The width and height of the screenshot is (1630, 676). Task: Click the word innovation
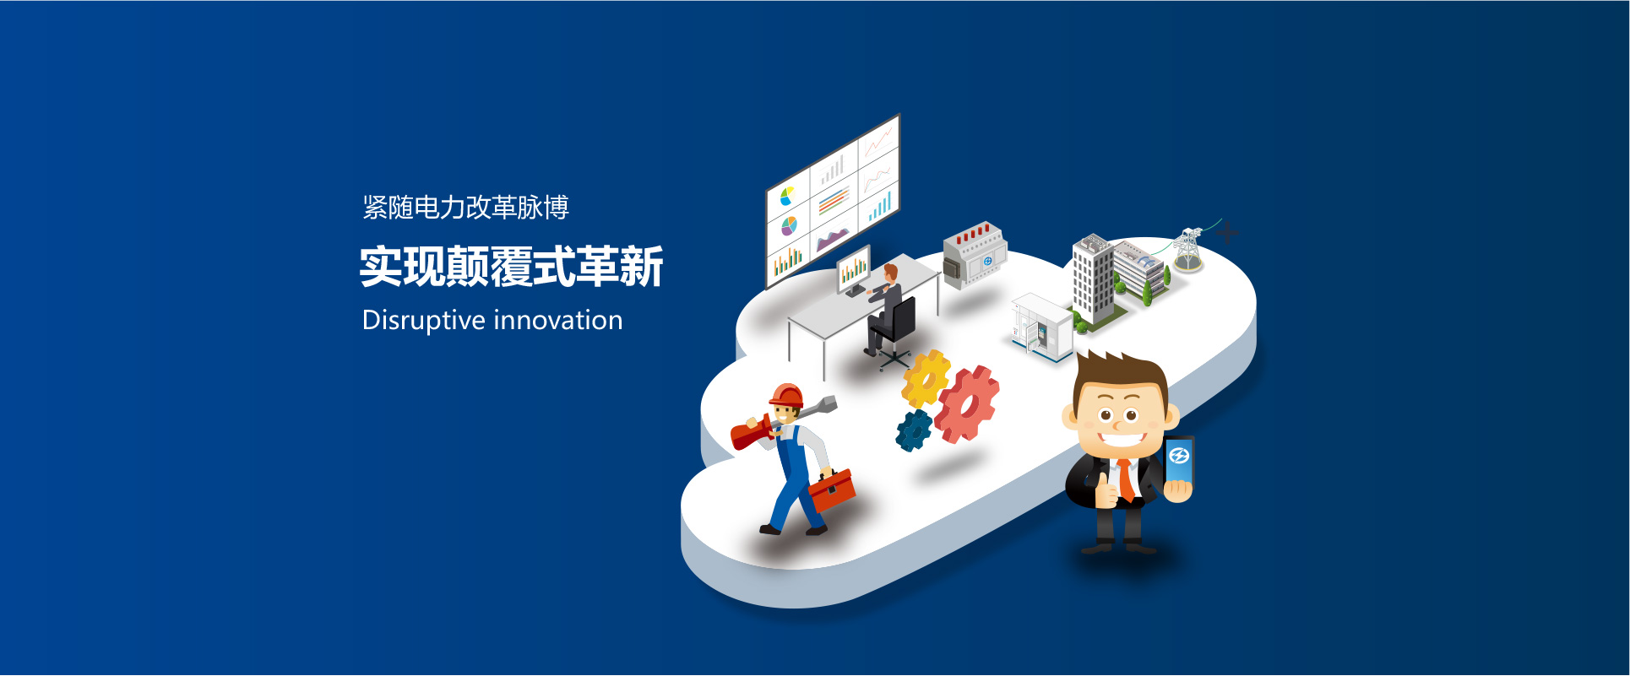pyautogui.click(x=557, y=320)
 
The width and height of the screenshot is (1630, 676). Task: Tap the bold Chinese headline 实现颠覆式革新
pyautogui.click(x=512, y=267)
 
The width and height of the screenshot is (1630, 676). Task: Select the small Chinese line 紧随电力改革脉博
pyautogui.click(x=466, y=208)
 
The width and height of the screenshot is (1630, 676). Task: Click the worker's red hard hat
pyautogui.click(x=786, y=395)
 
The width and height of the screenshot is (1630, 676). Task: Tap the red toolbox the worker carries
pyautogui.click(x=832, y=490)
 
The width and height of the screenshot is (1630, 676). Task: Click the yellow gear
pyautogui.click(x=925, y=379)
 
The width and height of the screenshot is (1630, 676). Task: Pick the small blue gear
pyautogui.click(x=914, y=430)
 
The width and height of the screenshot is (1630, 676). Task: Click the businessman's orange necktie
pyautogui.click(x=1127, y=480)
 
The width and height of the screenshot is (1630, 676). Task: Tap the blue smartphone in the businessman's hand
pyautogui.click(x=1180, y=462)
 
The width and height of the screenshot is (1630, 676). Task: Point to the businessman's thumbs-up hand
pyautogui.click(x=1106, y=490)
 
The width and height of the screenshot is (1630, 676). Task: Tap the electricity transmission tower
pyautogui.click(x=1188, y=249)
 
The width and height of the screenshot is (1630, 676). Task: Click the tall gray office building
pyautogui.click(x=1094, y=279)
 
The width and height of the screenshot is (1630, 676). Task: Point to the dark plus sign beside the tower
pyautogui.click(x=1227, y=231)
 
